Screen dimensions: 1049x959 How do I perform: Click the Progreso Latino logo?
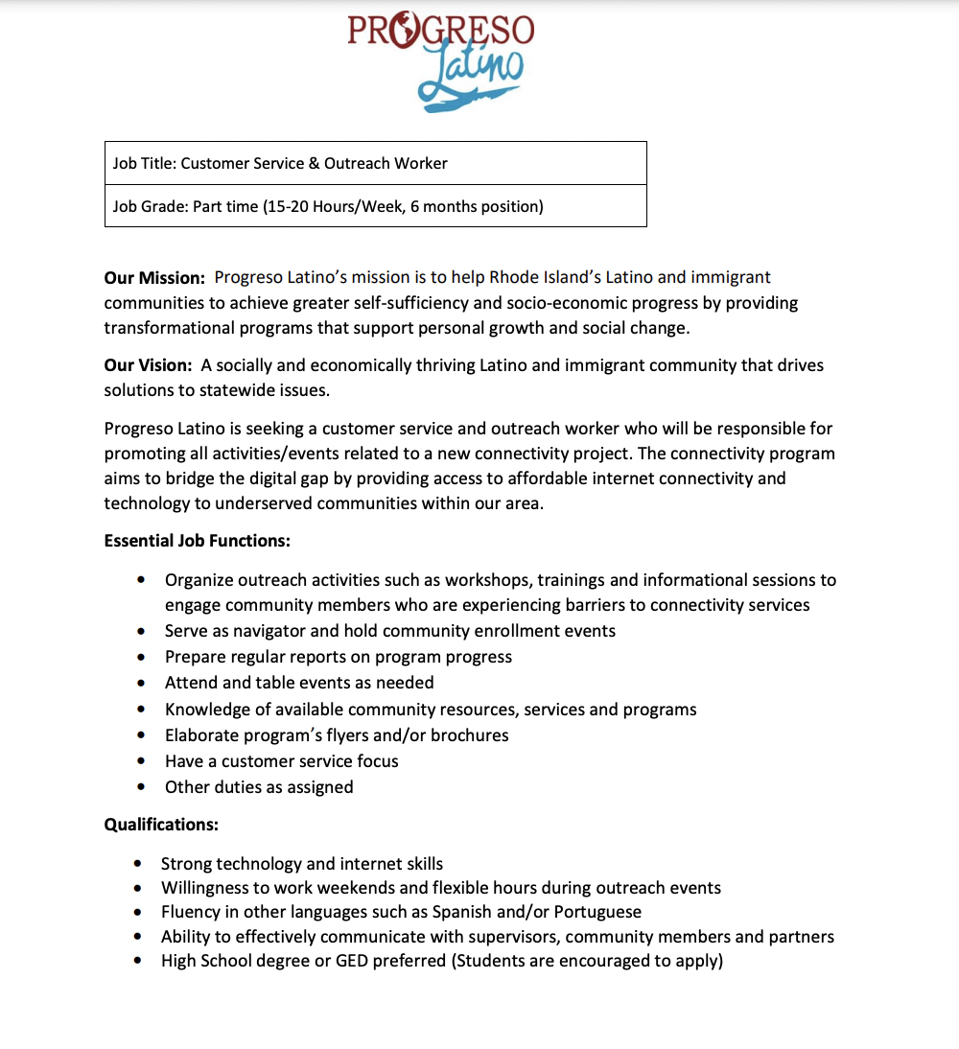440,59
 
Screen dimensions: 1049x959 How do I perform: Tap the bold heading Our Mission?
154,278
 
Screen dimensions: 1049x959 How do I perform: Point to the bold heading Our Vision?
148,365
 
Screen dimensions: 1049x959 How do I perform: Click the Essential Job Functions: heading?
197,541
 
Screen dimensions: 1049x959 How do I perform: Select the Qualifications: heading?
161,825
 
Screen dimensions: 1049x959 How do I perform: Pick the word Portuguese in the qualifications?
597,912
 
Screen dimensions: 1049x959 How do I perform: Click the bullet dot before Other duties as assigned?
142,787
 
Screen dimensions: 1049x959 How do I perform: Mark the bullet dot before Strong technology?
139,864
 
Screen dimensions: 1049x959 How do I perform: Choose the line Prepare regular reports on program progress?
338,657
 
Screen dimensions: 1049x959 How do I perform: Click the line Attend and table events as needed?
299,683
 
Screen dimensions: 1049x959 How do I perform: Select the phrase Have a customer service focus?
281,761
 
